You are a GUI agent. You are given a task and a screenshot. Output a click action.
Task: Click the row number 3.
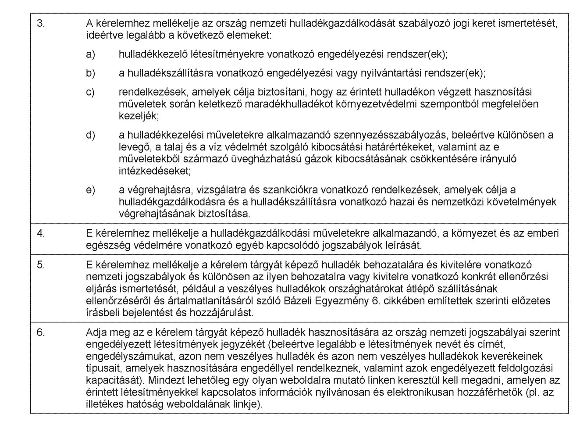pyautogui.click(x=40, y=24)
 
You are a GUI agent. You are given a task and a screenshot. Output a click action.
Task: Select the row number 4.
pyautogui.click(x=41, y=233)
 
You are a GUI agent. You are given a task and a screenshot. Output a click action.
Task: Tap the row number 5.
pyautogui.click(x=41, y=265)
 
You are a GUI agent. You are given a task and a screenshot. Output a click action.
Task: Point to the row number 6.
pyautogui.click(x=41, y=332)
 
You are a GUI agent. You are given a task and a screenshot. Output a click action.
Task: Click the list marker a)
pyautogui.click(x=90, y=54)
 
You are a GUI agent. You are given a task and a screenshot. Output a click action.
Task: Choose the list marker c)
pyautogui.click(x=90, y=93)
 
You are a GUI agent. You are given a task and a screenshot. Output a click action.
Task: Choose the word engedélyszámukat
pyautogui.click(x=121, y=355)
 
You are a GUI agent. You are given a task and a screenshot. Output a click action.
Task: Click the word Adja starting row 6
pyautogui.click(x=96, y=332)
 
